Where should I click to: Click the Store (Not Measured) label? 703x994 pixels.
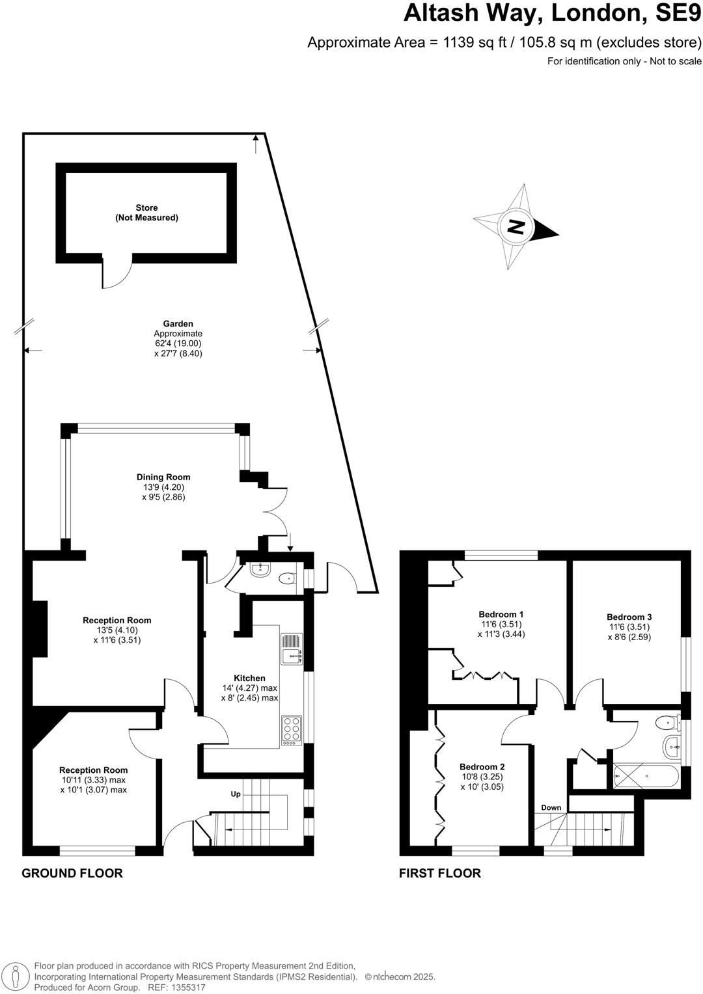click(146, 213)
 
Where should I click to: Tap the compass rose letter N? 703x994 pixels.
click(516, 227)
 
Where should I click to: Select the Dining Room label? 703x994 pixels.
click(163, 477)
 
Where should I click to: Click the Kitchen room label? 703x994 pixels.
click(249, 678)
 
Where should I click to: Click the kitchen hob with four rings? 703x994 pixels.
click(291, 730)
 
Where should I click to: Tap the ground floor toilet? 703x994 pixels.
click(286, 578)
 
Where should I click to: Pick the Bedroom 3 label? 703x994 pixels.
click(629, 617)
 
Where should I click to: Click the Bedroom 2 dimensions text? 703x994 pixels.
click(482, 781)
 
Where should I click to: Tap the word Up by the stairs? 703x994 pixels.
click(236, 794)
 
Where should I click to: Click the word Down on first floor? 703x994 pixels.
click(551, 807)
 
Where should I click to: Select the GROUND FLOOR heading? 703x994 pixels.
click(72, 873)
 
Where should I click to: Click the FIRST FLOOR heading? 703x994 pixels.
click(440, 873)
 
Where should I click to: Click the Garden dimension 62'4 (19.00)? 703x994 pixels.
click(178, 343)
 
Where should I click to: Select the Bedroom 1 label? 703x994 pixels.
click(501, 614)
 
